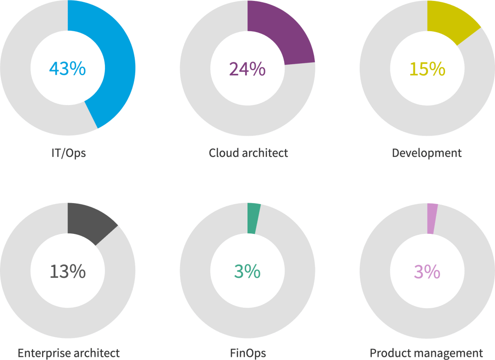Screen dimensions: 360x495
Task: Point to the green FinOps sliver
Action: pos(253,218)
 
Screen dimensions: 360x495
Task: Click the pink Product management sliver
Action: pos(432,218)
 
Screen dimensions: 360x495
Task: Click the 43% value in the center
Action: pos(67,69)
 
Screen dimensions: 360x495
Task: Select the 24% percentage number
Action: pos(247,69)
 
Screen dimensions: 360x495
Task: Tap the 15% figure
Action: pos(427,69)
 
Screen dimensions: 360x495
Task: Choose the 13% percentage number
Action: pos(67,271)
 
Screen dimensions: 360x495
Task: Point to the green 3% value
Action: pos(247,271)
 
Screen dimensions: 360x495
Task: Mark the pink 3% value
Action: pos(427,271)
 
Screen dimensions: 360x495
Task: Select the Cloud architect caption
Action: pos(248,153)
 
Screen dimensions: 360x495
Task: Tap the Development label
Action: pos(427,153)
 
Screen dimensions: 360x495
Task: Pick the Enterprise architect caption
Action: pos(69,353)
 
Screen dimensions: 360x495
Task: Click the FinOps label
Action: pos(248,353)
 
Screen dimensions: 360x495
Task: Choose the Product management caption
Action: pos(426,353)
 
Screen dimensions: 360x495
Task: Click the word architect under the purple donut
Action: pos(266,153)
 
